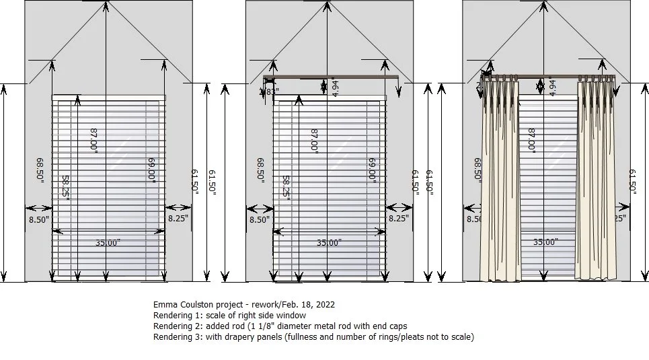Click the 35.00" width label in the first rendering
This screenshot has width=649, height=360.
106,243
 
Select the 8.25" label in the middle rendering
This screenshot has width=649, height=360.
399,218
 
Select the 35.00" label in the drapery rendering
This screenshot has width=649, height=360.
545,242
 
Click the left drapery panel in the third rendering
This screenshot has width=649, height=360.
498,182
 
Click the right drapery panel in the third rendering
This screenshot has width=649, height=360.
596,182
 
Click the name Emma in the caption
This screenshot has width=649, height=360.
165,305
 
